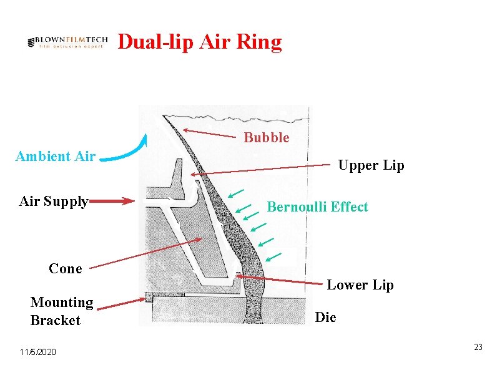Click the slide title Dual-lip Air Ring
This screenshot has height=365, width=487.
(x=200, y=42)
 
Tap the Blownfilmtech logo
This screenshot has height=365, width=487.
(x=68, y=42)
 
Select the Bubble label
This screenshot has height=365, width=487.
(x=267, y=138)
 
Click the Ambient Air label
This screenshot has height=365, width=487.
(x=55, y=156)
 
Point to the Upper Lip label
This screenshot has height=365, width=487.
(x=371, y=165)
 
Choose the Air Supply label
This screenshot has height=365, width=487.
(x=54, y=201)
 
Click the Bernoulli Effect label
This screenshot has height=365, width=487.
(x=317, y=207)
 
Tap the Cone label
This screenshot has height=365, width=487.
(x=66, y=268)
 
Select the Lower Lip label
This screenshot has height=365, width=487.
(x=360, y=285)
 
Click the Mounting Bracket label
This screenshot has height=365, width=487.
(x=61, y=311)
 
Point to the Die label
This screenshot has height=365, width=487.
(x=325, y=318)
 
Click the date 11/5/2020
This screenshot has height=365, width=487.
(x=37, y=353)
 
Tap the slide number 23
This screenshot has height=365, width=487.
(x=478, y=347)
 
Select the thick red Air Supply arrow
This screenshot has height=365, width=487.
(x=113, y=201)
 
